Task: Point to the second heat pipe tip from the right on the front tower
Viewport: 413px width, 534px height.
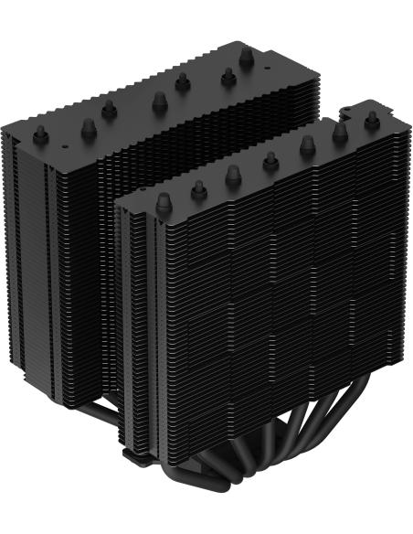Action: (x=341, y=131)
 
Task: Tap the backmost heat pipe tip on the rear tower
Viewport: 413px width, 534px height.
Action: (x=244, y=57)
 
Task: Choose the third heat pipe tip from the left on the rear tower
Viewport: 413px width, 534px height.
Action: (x=109, y=108)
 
